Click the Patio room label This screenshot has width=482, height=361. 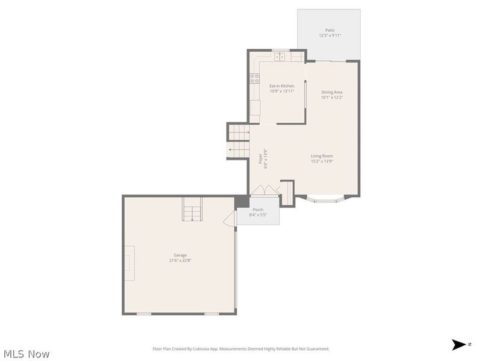(x=330, y=29)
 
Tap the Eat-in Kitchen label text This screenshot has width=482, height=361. (x=281, y=86)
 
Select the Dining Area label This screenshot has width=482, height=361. (x=331, y=92)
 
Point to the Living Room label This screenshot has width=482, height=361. (x=322, y=156)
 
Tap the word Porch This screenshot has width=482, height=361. (x=258, y=209)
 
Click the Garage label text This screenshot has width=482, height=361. (x=180, y=255)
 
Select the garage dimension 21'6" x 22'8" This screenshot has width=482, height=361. (x=180, y=261)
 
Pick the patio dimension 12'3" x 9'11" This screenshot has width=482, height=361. (x=330, y=35)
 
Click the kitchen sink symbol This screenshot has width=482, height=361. (x=280, y=57)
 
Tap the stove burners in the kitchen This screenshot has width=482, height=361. (x=254, y=78)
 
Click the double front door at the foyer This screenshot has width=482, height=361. (x=265, y=190)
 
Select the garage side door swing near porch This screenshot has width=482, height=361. (x=230, y=219)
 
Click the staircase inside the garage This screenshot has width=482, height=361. (x=193, y=211)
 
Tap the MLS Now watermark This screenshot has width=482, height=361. (x=25, y=354)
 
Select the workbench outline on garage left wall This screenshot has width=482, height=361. (x=129, y=264)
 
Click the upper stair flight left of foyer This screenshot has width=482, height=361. (x=239, y=132)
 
